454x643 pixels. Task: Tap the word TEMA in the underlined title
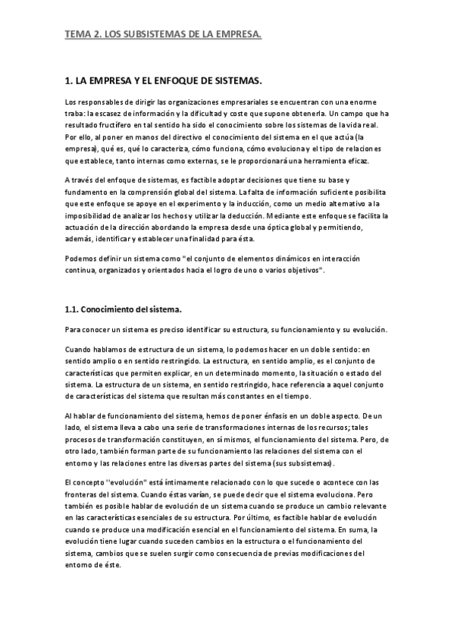[x=77, y=34]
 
